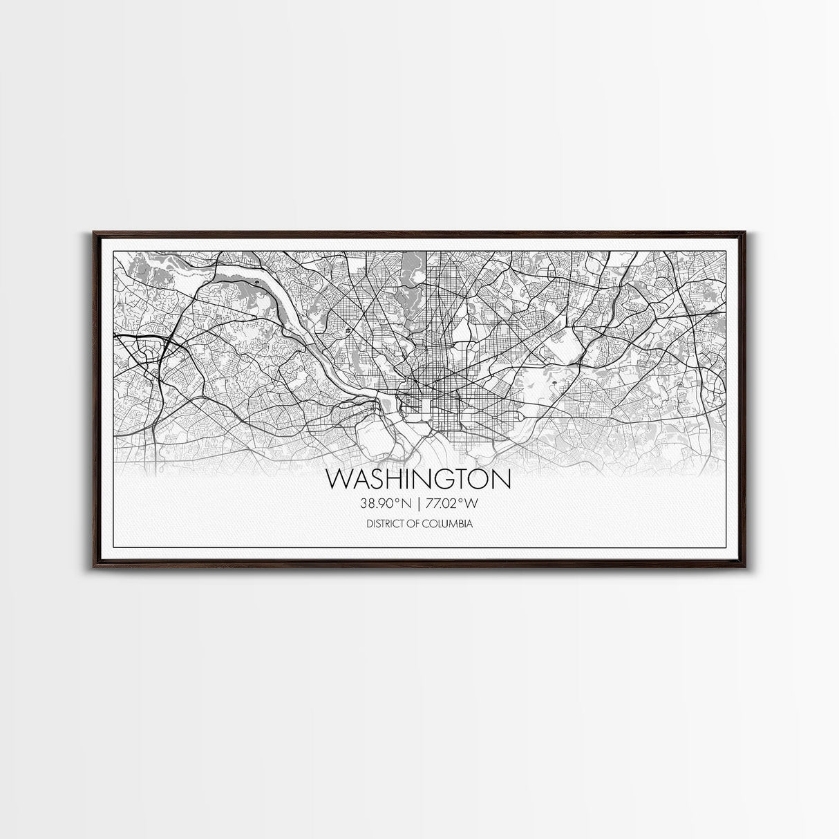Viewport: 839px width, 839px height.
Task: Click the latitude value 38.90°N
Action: point(388,504)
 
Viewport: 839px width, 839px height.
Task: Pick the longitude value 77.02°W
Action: point(451,504)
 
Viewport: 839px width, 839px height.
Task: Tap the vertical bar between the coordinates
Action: point(419,504)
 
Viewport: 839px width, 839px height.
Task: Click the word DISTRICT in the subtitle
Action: point(386,525)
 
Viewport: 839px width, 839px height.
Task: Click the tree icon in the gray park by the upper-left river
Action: point(256,283)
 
